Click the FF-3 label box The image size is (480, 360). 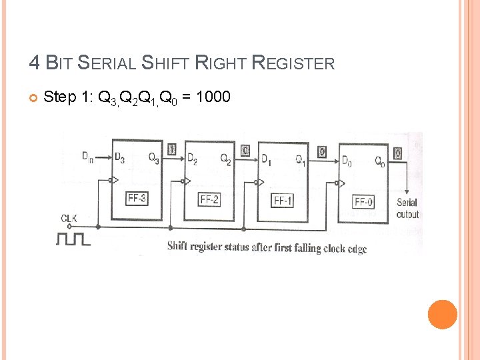coord(137,197)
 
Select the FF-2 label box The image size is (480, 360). coord(209,199)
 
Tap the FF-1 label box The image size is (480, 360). coord(283,201)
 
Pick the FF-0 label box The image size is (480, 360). coord(364,202)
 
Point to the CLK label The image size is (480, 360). coord(69,219)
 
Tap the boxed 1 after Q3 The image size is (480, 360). coord(172,149)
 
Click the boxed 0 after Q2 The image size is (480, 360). coord(245,151)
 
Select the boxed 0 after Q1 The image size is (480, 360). coord(321,152)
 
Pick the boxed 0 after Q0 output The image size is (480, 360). coord(398,153)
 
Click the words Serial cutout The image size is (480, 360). coord(407,208)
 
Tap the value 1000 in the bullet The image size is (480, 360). coord(213,97)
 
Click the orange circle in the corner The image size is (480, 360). coord(443,314)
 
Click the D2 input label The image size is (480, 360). coord(192,159)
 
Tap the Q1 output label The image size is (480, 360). coord(300,161)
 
